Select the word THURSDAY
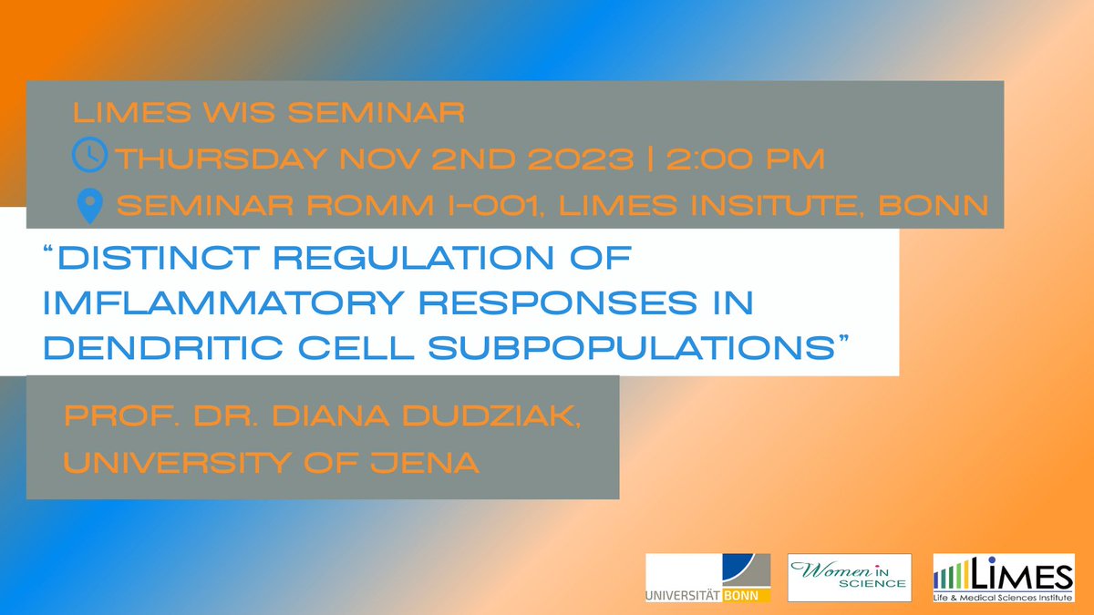tap(219, 159)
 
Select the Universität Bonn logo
tap(707, 578)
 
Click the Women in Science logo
tap(850, 578)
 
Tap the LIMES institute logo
tap(1003, 578)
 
